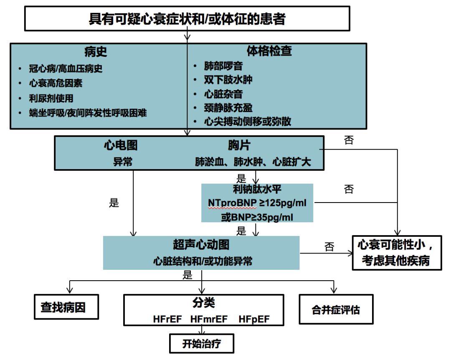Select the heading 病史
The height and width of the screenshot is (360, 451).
(x=96, y=51)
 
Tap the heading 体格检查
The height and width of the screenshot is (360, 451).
(x=269, y=51)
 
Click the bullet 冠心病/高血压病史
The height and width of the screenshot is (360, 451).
(x=66, y=68)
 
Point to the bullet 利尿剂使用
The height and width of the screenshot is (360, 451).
(x=51, y=98)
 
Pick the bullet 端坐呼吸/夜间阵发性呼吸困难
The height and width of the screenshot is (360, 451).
(x=88, y=113)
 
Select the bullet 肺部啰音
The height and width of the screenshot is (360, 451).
(x=223, y=66)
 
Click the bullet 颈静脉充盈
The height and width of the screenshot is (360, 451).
(x=228, y=108)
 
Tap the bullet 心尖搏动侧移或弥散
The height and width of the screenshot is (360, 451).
(x=248, y=122)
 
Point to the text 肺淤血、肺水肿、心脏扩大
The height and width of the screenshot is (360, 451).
(x=253, y=162)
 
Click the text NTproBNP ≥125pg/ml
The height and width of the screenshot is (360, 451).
(x=257, y=203)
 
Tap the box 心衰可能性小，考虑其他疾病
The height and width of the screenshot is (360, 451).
(x=396, y=253)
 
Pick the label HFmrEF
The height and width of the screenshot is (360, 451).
(x=209, y=319)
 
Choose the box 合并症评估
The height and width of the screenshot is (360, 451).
(x=336, y=309)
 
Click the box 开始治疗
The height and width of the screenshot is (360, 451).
(x=201, y=344)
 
